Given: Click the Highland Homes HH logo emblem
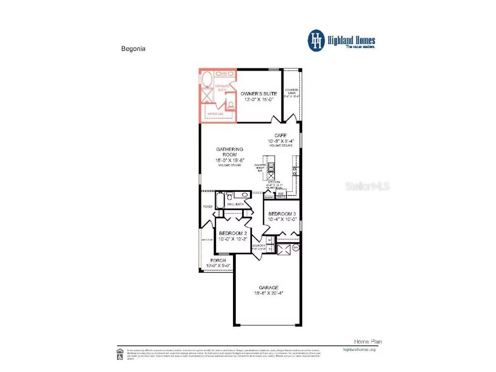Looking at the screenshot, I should pos(317,41).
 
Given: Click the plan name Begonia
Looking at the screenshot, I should pos(132,49).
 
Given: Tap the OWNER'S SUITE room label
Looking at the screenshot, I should pos(259,93).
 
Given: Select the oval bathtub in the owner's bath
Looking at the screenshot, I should pos(206,79).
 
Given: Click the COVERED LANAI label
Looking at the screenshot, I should pos(292,90).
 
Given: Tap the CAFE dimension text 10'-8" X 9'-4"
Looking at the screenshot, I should pos(281,141).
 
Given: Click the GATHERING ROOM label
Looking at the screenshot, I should pos(230,152).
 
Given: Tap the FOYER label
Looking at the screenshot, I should pos(207,207).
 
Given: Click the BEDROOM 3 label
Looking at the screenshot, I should pos(281,214).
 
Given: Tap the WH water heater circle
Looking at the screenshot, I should pos(295,247).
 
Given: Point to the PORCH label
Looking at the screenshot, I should pos(218,260).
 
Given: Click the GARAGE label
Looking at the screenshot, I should pos(268,287).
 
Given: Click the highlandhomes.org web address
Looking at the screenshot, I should pos(359,349).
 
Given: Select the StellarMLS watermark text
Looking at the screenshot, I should pos(370,186).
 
